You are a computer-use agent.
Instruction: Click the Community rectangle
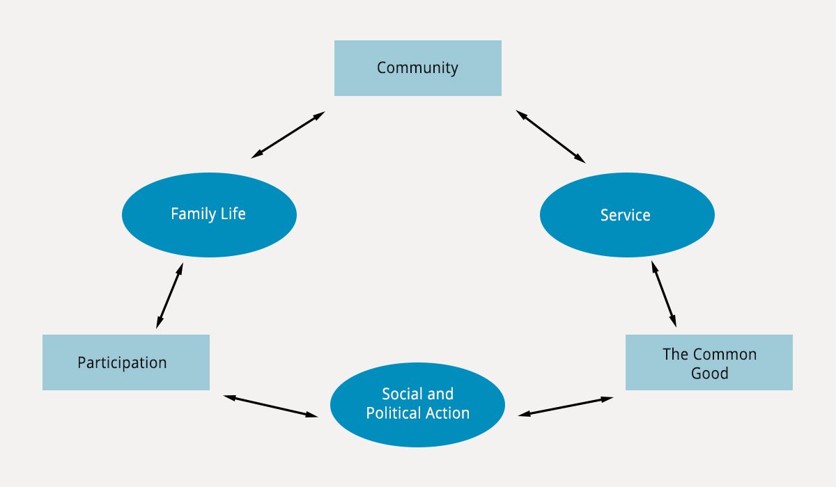tap(417, 68)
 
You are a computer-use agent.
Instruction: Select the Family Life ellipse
tap(209, 214)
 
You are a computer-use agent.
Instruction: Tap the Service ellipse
tap(627, 214)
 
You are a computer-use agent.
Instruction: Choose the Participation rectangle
tap(126, 362)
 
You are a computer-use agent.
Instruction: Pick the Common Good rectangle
tap(709, 362)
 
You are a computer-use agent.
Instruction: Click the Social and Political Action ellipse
tap(417, 405)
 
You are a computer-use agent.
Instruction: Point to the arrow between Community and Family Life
tap(288, 135)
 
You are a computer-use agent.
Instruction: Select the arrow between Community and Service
tap(550, 136)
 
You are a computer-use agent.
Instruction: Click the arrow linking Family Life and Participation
tap(169, 296)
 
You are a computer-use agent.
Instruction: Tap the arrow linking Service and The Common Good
tap(664, 294)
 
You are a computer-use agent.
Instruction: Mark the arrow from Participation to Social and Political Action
tap(270, 406)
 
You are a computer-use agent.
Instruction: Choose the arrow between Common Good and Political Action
tap(566, 406)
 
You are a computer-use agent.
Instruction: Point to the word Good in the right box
tap(709, 374)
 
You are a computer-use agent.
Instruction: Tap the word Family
tap(194, 214)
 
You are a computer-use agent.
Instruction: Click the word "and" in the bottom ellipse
tap(440, 394)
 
